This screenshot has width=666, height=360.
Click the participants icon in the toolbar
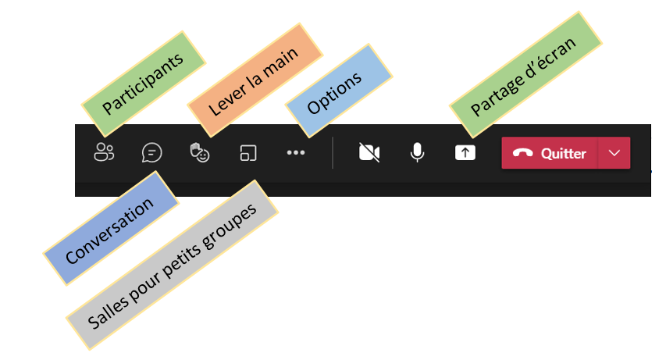click(104, 152)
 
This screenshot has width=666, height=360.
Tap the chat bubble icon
click(151, 152)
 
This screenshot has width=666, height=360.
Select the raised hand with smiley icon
click(200, 152)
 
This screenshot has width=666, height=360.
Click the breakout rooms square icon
click(248, 153)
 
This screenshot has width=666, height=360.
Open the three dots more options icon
click(296, 152)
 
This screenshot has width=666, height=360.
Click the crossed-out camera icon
click(369, 152)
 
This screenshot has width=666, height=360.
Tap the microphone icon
click(417, 152)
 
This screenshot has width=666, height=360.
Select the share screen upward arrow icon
click(465, 153)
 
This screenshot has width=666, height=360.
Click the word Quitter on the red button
click(563, 153)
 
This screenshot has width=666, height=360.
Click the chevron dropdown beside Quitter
click(614, 153)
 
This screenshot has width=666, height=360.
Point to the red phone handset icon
click(523, 153)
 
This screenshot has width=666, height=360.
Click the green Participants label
click(143, 84)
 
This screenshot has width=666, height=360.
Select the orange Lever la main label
click(255, 80)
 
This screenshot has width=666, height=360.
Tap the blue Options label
click(339, 91)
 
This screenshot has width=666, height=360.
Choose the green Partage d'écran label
click(525, 75)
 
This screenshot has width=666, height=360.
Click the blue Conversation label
click(110, 228)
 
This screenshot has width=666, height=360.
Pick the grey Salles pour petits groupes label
click(172, 266)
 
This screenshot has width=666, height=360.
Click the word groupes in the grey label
click(230, 228)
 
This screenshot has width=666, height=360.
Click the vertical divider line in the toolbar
click(333, 152)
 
